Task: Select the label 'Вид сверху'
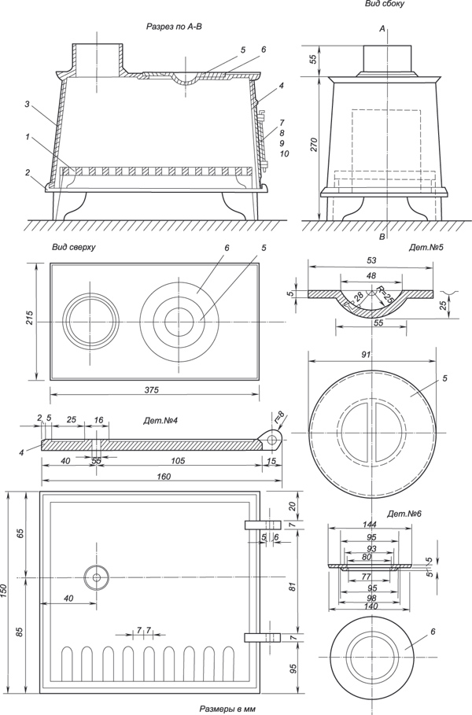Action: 74,247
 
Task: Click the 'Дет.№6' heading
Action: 406,514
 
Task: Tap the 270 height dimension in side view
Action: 313,146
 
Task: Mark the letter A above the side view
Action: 382,29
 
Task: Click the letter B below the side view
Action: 382,236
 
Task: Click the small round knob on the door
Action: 97,577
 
